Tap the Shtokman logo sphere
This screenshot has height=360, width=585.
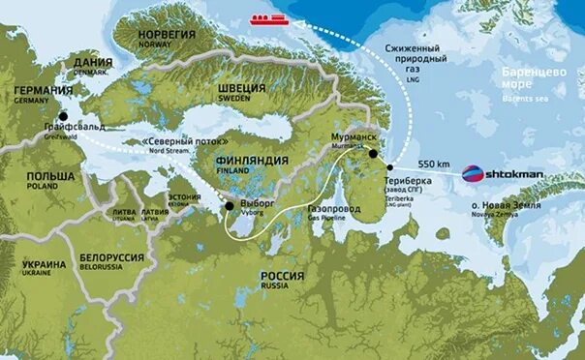(471, 174)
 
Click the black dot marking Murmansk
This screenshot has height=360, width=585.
(373, 153)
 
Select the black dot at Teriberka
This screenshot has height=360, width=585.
(389, 167)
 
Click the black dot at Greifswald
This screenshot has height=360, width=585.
(64, 116)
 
